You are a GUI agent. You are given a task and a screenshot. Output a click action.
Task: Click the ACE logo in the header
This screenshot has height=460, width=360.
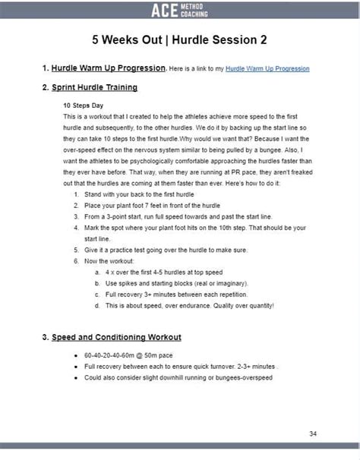coord(180,9)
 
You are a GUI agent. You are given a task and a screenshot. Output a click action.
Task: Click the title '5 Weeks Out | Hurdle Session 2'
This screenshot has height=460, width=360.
coord(180,39)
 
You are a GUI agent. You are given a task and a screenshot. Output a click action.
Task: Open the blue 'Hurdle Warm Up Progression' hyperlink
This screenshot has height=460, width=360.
coord(267,68)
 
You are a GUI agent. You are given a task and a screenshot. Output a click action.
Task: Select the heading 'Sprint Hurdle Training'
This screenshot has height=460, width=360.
coord(95,87)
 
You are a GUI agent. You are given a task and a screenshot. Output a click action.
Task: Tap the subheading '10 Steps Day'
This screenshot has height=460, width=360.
coord(84,106)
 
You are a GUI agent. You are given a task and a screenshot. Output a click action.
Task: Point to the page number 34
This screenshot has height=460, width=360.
coord(313,433)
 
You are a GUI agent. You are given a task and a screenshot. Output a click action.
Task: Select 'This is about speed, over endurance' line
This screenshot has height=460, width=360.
coord(190,305)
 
